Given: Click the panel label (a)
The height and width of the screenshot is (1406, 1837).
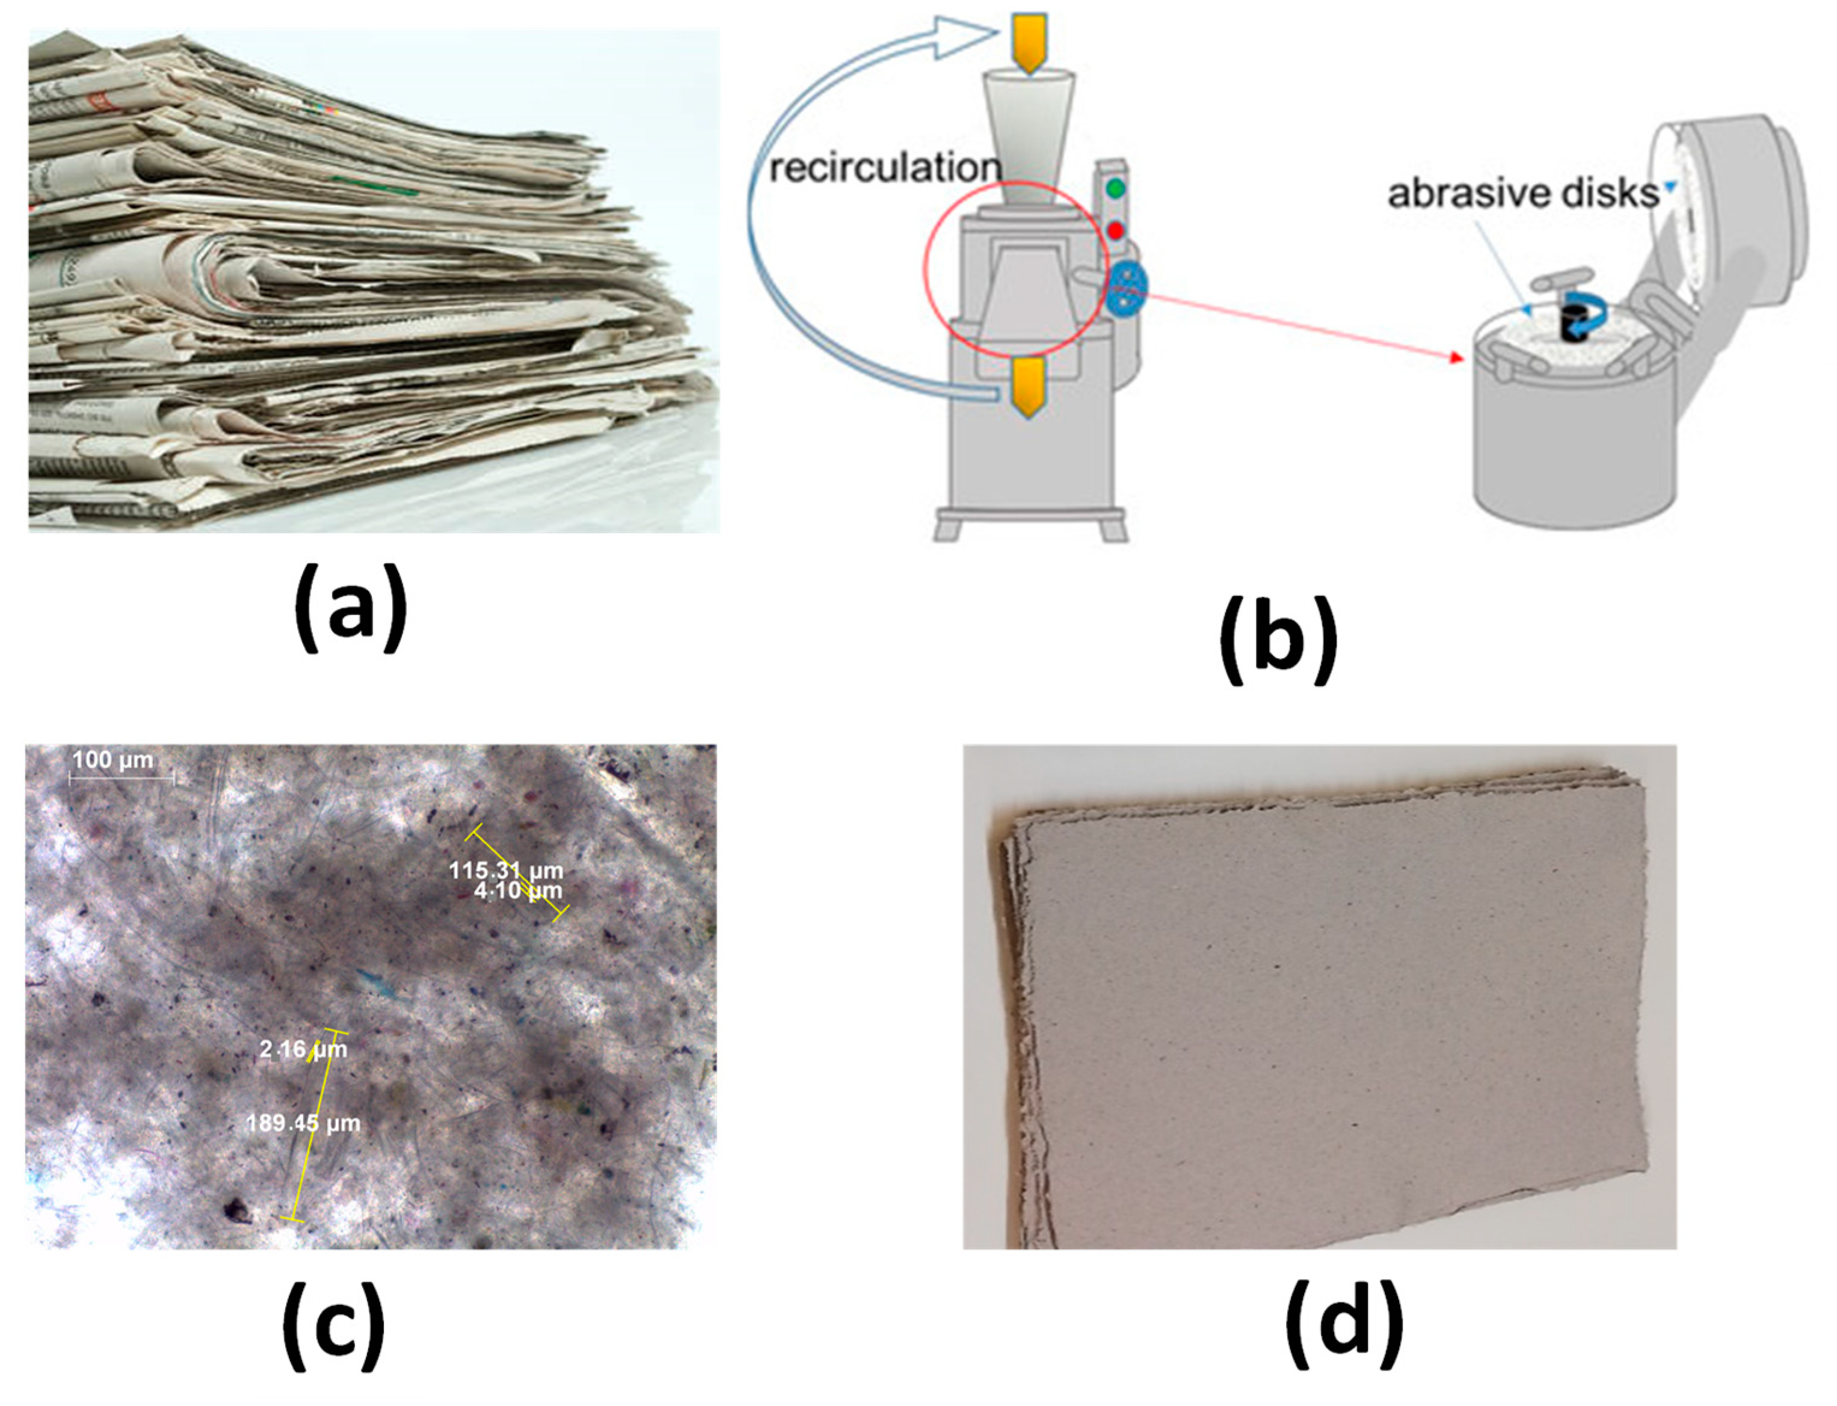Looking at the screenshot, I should point(351,608).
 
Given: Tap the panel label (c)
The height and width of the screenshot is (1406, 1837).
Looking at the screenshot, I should point(333,1328).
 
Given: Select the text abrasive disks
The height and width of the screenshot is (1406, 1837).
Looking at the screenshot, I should point(1522,193).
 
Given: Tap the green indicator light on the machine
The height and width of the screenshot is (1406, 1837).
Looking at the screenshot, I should point(1114,188).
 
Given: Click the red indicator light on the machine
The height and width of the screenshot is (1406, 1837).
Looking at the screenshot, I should point(1114,230).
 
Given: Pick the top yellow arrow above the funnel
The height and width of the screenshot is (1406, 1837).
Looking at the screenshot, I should point(1029,42).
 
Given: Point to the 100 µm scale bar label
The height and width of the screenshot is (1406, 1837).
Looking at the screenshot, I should point(113,760).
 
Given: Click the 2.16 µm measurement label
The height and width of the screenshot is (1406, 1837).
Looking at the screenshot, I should point(302,1049).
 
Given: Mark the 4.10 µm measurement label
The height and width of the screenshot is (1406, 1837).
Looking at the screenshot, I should point(518,890).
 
